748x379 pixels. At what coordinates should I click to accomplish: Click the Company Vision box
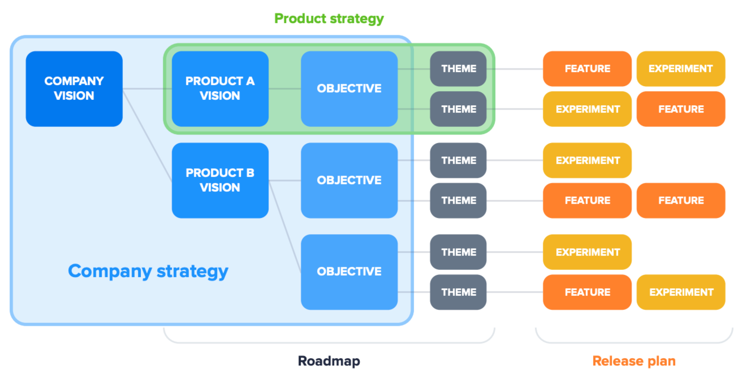coord(74,89)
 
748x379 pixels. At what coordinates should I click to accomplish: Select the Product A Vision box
coord(220,89)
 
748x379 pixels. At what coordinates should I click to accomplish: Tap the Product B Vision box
coord(220,180)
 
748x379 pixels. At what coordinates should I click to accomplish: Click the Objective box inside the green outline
coord(349,89)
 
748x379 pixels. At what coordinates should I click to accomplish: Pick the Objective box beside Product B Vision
coord(349,180)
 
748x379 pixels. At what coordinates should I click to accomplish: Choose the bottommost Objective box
coord(349,272)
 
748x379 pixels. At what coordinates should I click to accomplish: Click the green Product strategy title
coord(329,19)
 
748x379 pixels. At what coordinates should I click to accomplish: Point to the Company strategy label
coord(148,271)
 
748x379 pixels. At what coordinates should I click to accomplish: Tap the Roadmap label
coord(329,361)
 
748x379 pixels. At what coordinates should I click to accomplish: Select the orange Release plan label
coord(634,361)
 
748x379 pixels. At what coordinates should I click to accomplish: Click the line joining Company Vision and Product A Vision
coord(147,89)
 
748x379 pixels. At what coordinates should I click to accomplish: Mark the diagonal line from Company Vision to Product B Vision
coord(147,135)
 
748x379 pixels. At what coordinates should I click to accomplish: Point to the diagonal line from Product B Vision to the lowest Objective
coord(285,226)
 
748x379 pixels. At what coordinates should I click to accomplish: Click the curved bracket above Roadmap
coord(329,342)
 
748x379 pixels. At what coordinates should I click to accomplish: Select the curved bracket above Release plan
coord(634,342)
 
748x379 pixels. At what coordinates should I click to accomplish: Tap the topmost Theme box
coord(458,69)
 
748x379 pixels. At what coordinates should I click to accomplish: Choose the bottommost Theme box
coord(458,292)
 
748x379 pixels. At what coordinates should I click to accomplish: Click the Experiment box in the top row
coord(681,69)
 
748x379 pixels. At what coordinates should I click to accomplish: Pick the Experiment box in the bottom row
coord(681,292)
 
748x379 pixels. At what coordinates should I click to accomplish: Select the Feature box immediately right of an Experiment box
coord(681,109)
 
